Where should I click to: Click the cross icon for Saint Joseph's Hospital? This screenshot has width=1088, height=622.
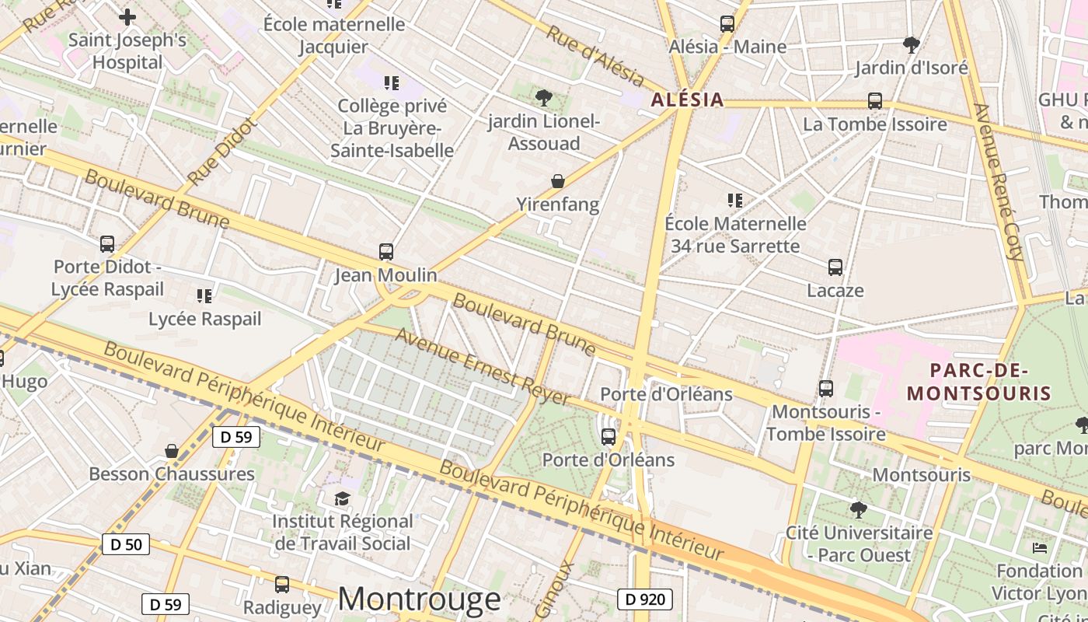coord(127,16)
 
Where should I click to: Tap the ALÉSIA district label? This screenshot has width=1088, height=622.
coord(687,100)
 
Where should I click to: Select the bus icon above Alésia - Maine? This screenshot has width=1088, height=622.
coord(727,24)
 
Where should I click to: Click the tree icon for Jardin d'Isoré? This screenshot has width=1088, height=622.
coord(912,44)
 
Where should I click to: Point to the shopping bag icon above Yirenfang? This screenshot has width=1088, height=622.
coord(558,181)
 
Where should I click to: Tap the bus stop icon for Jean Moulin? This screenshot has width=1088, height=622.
coord(386,252)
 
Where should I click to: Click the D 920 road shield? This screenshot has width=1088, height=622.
coord(645,599)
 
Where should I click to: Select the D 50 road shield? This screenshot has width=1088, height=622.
coord(126,544)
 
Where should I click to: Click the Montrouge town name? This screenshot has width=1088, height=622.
coord(420,599)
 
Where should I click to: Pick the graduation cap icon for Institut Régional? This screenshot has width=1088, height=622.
coord(343,498)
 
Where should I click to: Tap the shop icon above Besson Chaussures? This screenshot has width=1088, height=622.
coord(172,451)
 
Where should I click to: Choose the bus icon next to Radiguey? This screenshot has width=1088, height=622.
coord(282,584)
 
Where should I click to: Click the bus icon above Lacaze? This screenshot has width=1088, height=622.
coord(835,267)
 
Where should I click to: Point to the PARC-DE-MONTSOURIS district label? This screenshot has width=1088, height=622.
coord(978,382)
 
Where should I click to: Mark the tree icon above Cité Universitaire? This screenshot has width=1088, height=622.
coord(859,510)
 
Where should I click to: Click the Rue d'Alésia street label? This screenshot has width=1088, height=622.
coord(595,56)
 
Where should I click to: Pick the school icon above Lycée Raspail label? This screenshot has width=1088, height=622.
coord(204,295)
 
